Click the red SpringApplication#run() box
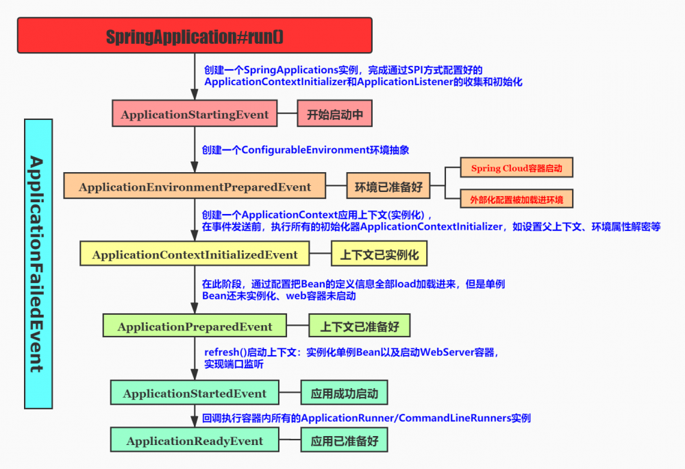(x=195, y=36)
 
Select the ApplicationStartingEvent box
(x=195, y=115)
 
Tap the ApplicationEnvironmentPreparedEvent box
(x=195, y=187)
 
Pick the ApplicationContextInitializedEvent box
(x=195, y=254)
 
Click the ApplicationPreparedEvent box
(x=195, y=326)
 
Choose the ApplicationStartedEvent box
(x=195, y=394)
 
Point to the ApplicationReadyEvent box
(x=195, y=441)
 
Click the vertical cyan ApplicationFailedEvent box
(x=38, y=263)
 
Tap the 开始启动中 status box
(x=334, y=115)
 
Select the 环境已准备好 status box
(x=388, y=187)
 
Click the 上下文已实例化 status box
(x=379, y=254)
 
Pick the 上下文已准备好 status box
(x=359, y=326)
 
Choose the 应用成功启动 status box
(x=344, y=394)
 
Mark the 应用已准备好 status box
(x=344, y=441)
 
